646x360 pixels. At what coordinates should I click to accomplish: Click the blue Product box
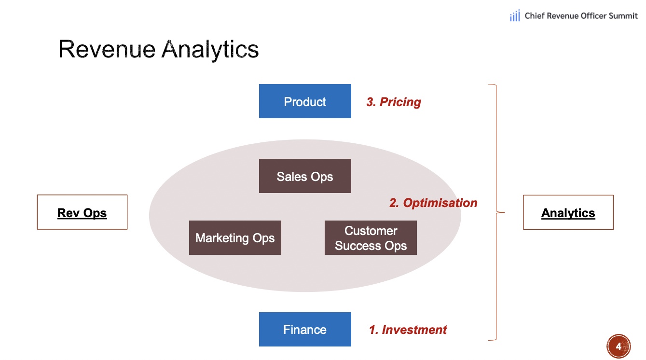pos(305,101)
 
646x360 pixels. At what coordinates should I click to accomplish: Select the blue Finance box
pos(305,329)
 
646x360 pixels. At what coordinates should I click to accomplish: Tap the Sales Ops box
pos(305,176)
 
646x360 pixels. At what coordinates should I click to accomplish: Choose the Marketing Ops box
pos(235,238)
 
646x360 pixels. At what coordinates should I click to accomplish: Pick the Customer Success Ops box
pos(371,238)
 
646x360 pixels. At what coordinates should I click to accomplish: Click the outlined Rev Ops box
pos(82,212)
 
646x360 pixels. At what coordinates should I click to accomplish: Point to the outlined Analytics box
pos(568,212)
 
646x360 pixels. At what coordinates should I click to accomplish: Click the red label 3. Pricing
pos(393,102)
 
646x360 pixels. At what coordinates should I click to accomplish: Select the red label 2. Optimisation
pos(433,203)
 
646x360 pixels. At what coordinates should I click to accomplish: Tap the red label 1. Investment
pos(408,330)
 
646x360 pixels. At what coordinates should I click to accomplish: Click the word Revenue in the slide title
pos(107,49)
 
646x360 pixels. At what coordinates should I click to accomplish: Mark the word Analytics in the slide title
pos(210,50)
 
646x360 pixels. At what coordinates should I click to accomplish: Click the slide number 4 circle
pos(619,346)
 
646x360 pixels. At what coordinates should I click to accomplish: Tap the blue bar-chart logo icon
pos(515,15)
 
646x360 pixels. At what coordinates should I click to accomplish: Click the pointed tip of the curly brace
pos(504,212)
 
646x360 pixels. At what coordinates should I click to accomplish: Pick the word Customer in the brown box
pos(371,231)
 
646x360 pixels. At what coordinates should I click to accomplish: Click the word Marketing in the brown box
pos(222,238)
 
